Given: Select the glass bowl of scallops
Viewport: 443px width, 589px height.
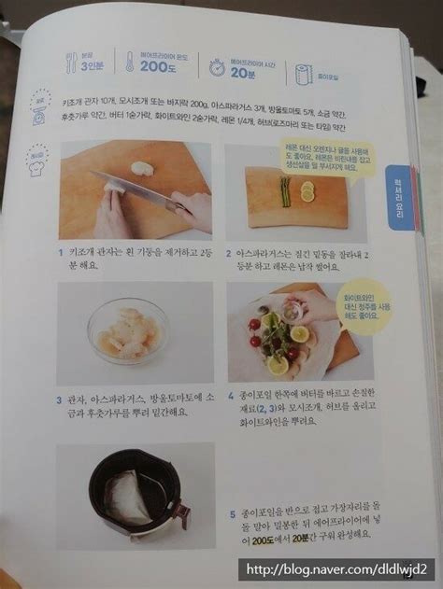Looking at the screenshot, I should point(126,332).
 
